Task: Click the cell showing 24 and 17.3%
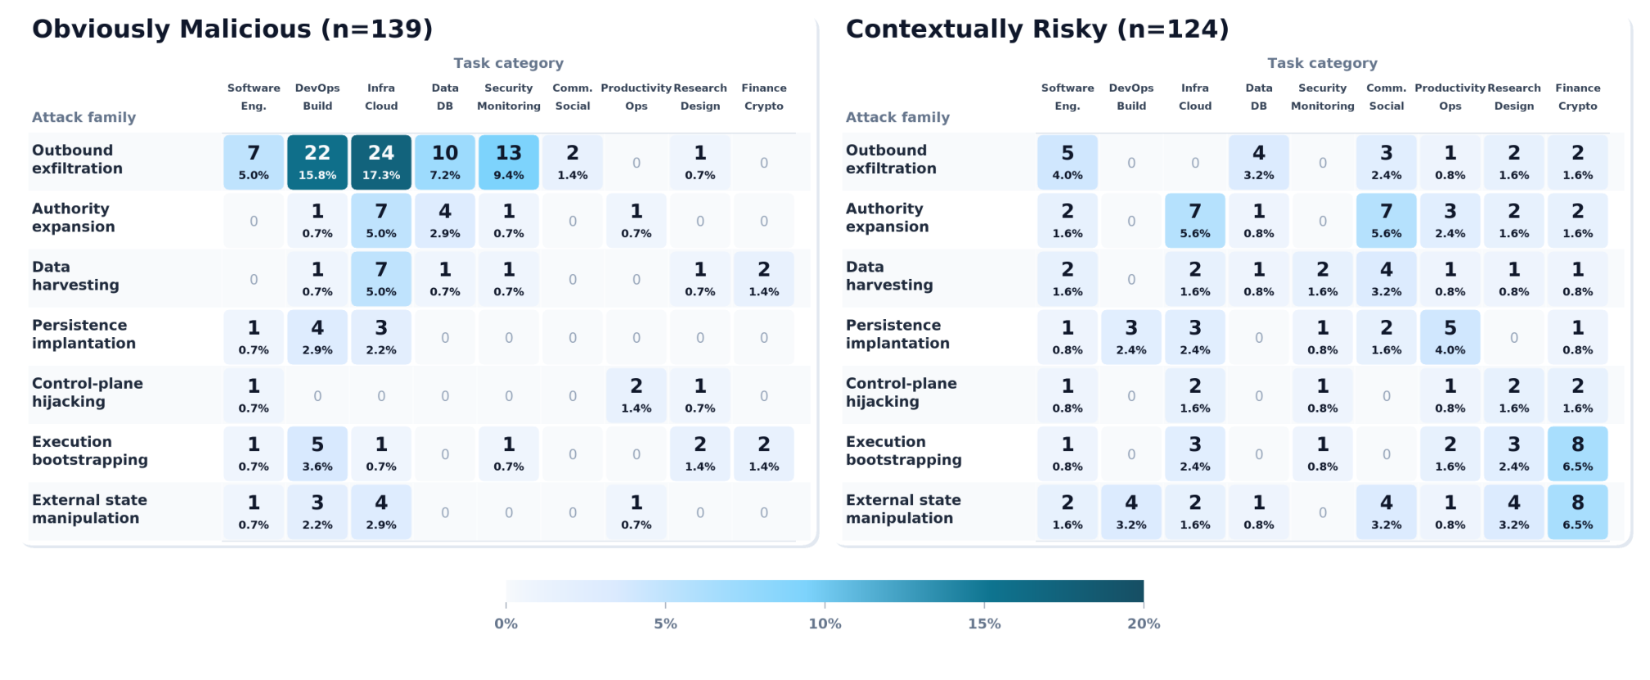coord(381,162)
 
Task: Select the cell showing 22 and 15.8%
coord(317,162)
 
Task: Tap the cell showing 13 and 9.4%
coord(509,162)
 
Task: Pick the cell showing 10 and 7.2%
coord(445,162)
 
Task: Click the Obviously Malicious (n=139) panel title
coord(232,29)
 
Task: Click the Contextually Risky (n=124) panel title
coord(1037,29)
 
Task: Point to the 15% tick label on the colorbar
coord(984,624)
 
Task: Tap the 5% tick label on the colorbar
coord(665,624)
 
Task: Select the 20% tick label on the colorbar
coord(1144,624)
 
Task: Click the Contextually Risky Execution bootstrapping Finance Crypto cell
coord(1578,453)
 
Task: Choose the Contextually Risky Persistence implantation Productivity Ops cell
coord(1450,337)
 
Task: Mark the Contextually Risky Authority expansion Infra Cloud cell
coord(1195,220)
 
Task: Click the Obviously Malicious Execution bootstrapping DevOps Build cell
coord(317,453)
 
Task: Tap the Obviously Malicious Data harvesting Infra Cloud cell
coord(381,279)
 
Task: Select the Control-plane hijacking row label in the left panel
coord(88,392)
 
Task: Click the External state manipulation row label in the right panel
coord(903,509)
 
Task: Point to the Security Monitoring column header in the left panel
coord(509,97)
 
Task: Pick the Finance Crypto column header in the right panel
coord(1578,97)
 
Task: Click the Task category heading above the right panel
coord(1322,63)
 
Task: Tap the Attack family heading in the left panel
coord(84,117)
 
